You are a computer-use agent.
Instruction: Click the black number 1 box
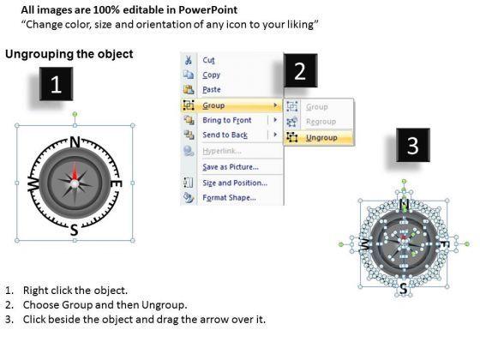pos(56,84)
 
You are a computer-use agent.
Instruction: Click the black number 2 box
pos(300,70)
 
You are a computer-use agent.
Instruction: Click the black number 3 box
pos(412,145)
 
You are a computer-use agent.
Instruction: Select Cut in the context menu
pos(208,60)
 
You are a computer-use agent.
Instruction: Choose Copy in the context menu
pos(211,75)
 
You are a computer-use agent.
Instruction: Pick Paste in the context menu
pos(212,89)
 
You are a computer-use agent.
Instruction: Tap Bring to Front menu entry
pos(227,120)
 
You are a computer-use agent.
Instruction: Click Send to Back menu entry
pos(225,135)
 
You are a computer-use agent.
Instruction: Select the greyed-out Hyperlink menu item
pos(222,151)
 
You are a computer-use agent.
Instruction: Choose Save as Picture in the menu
pos(231,167)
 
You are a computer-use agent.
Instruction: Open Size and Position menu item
pos(235,183)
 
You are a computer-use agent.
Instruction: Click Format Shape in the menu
pos(230,197)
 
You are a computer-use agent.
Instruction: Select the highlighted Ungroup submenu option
pos(321,138)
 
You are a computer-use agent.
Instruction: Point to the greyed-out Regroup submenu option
pos(321,122)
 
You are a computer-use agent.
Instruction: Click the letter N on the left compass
pos(75,141)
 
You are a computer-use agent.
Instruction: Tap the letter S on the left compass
pos(74,230)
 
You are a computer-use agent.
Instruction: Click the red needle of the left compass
pos(75,173)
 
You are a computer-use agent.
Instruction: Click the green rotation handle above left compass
pos(75,114)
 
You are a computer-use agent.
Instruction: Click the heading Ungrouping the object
pos(69,54)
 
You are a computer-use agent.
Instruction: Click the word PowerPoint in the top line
pos(207,9)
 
